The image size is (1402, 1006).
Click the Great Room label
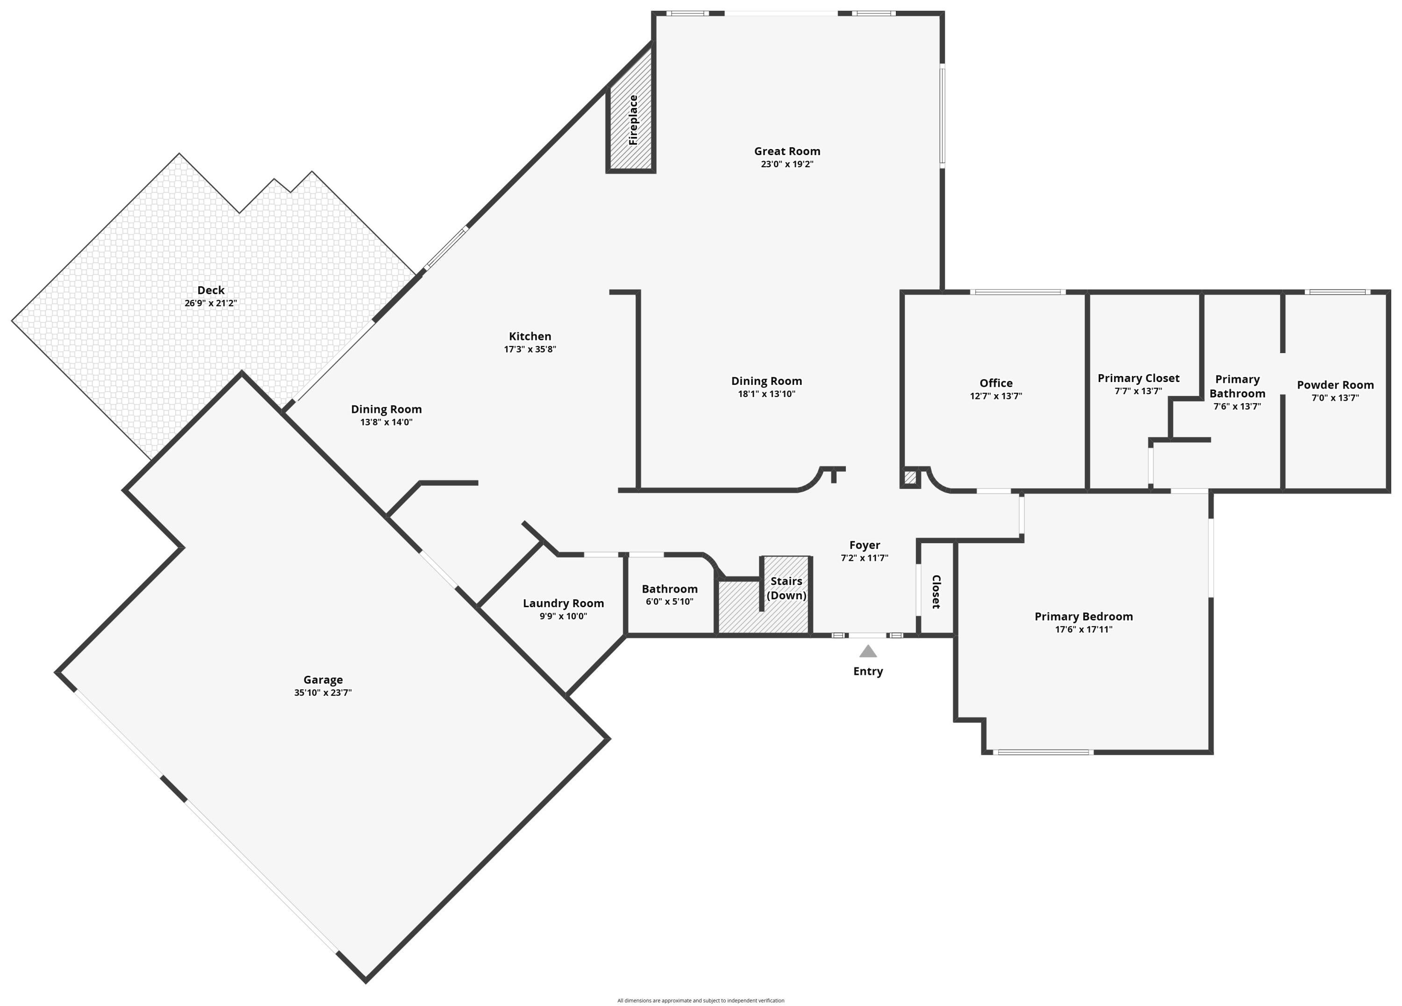pos(787,151)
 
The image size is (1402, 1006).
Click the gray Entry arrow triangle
pos(868,652)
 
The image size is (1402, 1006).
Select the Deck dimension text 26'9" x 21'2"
pos(211,304)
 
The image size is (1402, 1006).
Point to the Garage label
pos(322,680)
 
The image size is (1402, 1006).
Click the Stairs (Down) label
pos(787,588)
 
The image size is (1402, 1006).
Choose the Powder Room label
pos(1335,385)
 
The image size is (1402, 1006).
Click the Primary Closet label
pos(1138,378)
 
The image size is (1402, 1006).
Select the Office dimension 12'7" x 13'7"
pos(996,396)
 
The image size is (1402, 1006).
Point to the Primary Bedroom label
pos(1084,616)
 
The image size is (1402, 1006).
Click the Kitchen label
pos(530,337)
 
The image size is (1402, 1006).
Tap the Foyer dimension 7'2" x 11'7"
pos(864,558)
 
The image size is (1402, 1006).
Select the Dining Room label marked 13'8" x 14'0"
pos(386,409)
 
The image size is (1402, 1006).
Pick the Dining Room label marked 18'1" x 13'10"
pos(766,381)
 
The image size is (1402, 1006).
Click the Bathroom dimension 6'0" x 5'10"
pos(670,602)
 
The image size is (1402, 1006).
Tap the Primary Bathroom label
pos(1237,386)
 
